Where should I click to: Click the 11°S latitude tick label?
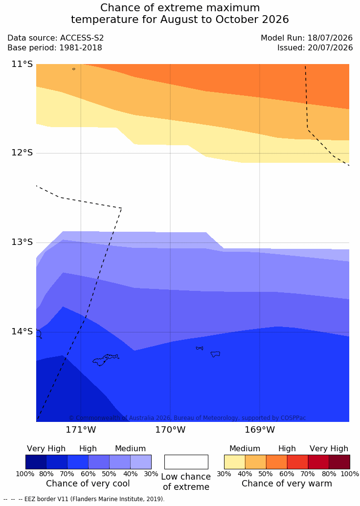coord(22,64)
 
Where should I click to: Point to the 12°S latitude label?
coord(22,153)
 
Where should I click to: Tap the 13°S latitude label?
coord(22,242)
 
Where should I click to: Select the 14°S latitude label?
coord(22,331)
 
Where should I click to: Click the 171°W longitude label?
coord(81,430)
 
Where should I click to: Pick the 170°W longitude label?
coord(171,430)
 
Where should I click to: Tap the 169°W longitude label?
coord(260,430)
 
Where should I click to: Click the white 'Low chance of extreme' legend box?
coord(186,462)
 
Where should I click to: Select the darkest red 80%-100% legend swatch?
coord(339,462)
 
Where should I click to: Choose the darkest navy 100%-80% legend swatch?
coord(36,462)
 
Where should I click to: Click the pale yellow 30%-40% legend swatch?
coord(235,462)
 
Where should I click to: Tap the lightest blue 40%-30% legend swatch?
coord(141,462)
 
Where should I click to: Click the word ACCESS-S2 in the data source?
coord(82,38)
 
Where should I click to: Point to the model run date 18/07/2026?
coord(330,38)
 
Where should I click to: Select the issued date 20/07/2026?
coord(330,48)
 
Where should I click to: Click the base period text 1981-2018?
coord(80,48)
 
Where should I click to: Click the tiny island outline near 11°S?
coord(74,69)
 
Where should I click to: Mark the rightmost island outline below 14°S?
coord(215,354)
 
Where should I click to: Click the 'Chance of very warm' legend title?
coord(287,484)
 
